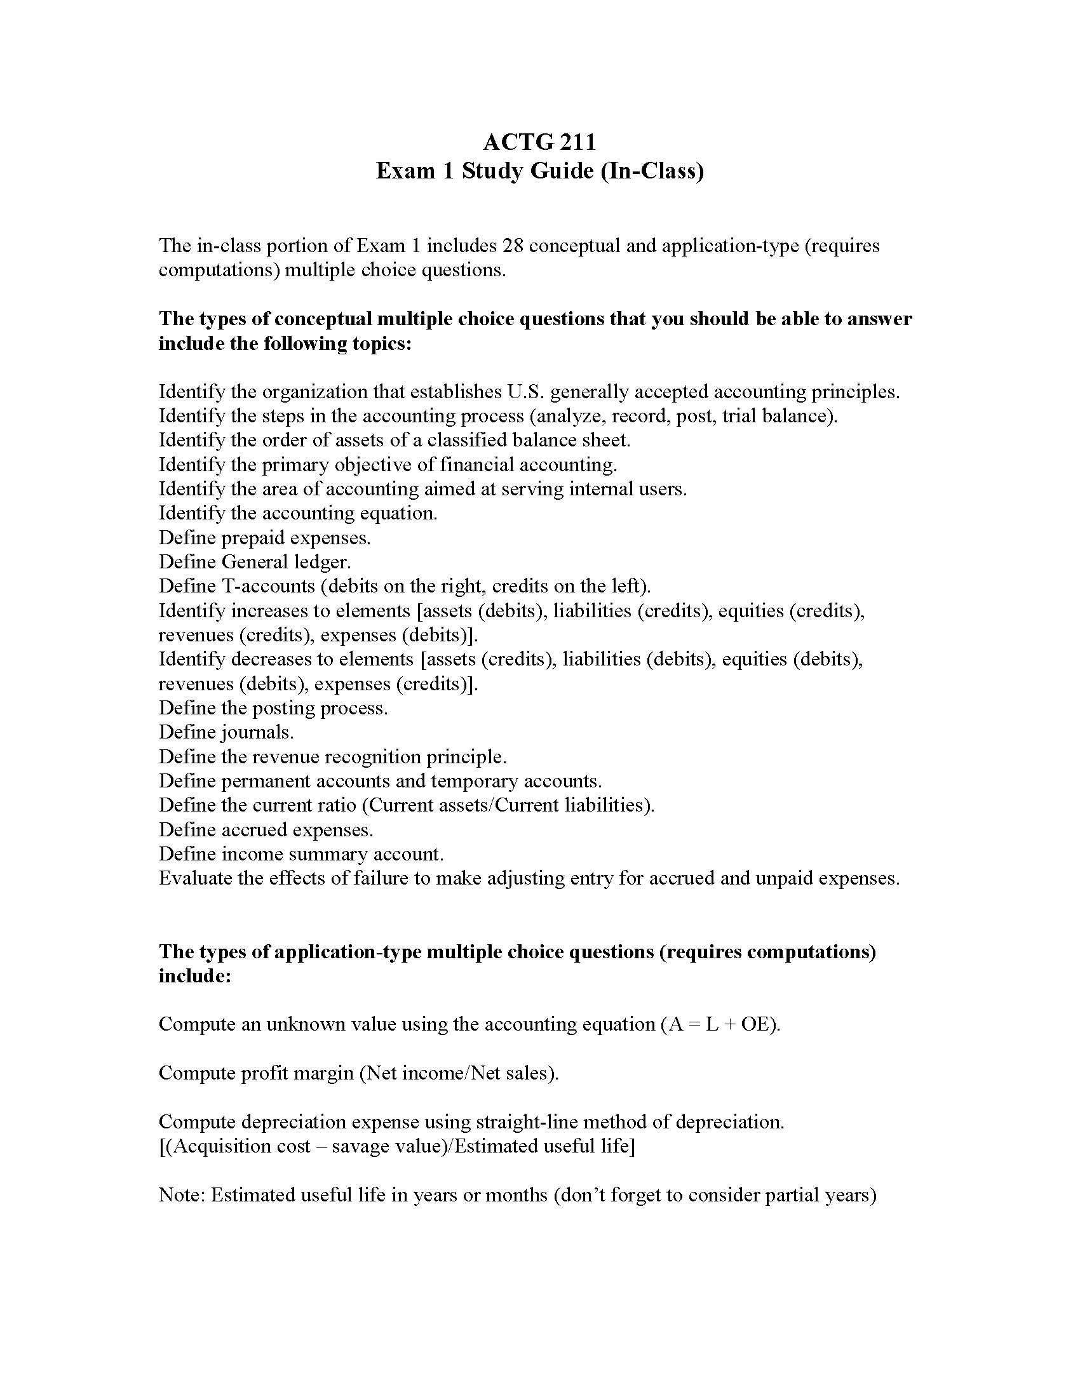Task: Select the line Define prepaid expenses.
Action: click(x=264, y=537)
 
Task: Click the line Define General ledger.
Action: click(x=255, y=561)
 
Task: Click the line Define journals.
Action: click(x=226, y=732)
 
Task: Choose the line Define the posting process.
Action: click(x=273, y=707)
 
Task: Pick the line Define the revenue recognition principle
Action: click(x=332, y=757)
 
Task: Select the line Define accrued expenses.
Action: click(x=266, y=830)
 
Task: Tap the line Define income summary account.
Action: click(x=300, y=854)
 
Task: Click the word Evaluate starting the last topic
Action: click(x=195, y=878)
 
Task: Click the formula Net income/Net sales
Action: click(x=458, y=1073)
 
